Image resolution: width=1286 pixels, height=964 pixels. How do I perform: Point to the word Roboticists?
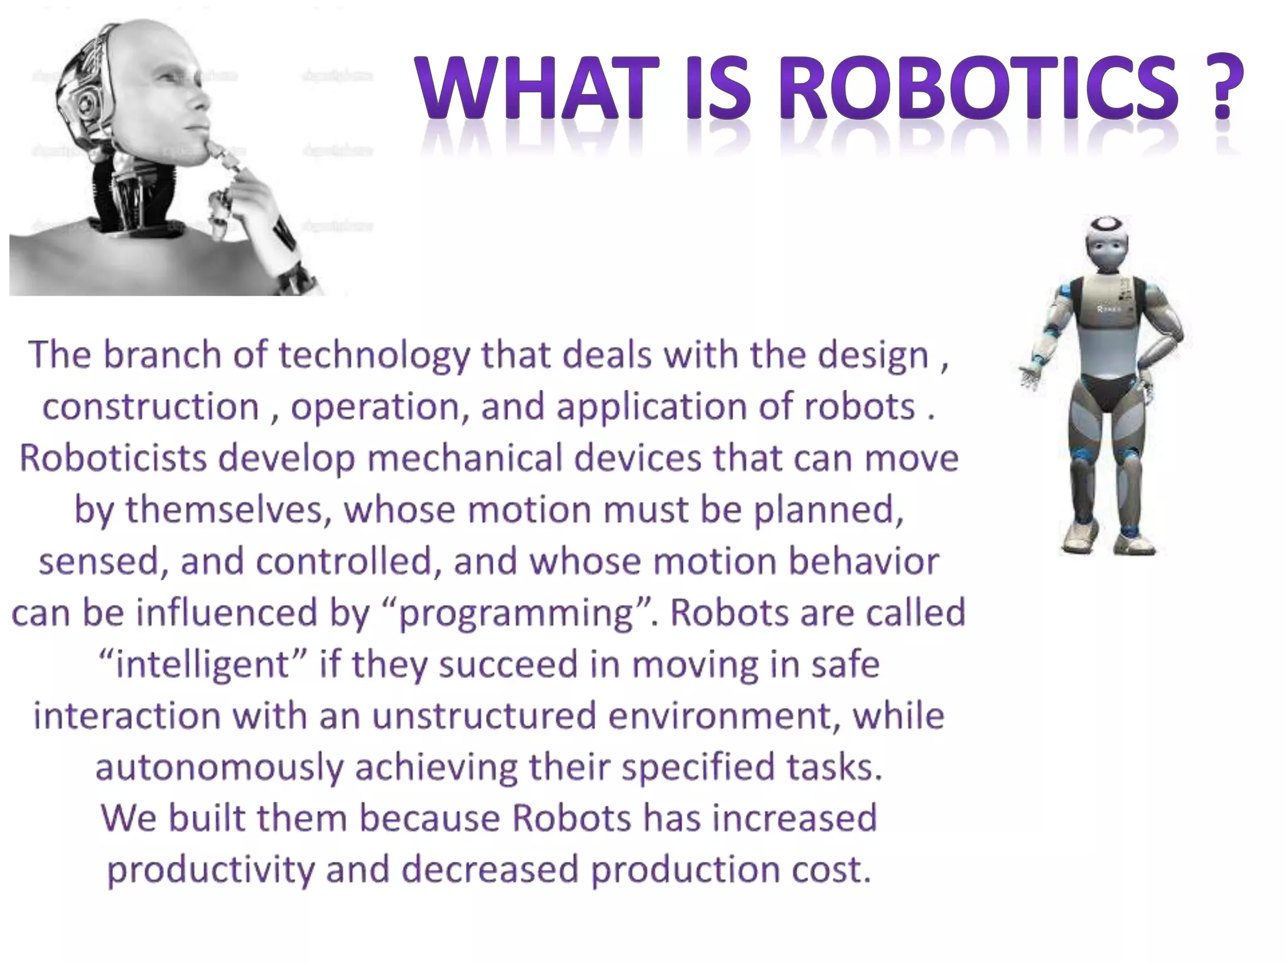pyautogui.click(x=113, y=458)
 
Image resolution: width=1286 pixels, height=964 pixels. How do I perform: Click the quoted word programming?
pyautogui.click(x=516, y=613)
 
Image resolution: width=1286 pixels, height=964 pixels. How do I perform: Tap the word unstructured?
pyautogui.click(x=484, y=716)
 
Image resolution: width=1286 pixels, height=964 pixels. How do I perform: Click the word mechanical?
pyautogui.click(x=465, y=458)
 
